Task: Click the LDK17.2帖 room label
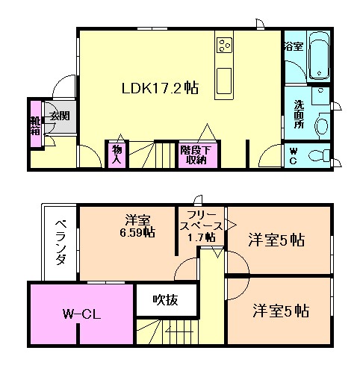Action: (160, 88)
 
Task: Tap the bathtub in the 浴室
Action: (319, 57)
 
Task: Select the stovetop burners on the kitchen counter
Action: (224, 45)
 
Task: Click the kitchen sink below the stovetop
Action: (224, 81)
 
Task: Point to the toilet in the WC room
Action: (319, 156)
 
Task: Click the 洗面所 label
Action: (299, 114)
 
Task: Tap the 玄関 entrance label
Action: (59, 116)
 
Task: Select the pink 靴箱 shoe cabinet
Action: (35, 124)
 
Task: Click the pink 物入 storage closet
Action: (117, 155)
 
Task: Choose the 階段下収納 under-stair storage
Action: (198, 155)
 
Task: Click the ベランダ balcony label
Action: (60, 243)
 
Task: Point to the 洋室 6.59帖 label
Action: (137, 226)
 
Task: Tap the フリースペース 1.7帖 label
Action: (201, 225)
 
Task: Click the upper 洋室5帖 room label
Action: (276, 240)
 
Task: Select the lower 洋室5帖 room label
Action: (281, 311)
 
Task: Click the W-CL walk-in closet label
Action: (81, 314)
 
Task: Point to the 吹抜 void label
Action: (165, 300)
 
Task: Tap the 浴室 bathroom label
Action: (294, 46)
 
